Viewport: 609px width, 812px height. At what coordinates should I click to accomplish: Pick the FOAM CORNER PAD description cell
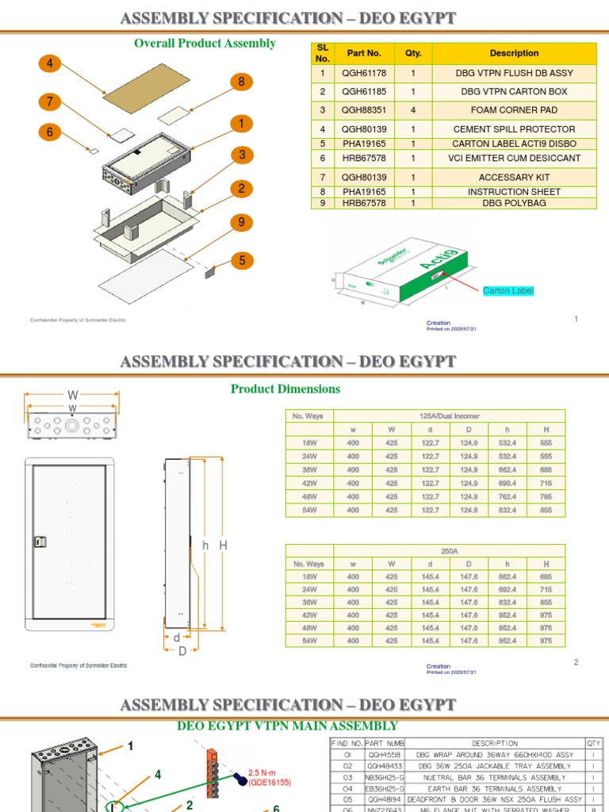coord(513,110)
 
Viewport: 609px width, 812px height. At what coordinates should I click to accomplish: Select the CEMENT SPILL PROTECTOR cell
coord(513,128)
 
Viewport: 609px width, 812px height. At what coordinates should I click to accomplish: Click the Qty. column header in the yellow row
coord(413,53)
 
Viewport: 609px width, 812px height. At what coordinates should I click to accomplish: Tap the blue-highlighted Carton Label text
coord(508,291)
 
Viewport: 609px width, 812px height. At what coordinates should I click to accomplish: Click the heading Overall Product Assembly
coord(205,43)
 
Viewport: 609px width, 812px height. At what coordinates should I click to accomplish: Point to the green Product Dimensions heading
coord(285,389)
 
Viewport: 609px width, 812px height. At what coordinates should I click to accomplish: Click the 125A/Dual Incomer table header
coord(449,416)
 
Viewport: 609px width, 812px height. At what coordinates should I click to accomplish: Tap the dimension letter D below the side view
coord(182,652)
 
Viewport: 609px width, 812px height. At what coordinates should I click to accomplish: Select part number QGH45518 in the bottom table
coord(378,755)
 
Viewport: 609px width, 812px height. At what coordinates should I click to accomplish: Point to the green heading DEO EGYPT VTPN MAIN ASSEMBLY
coord(287,726)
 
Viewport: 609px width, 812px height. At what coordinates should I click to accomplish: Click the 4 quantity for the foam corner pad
coord(413,110)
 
